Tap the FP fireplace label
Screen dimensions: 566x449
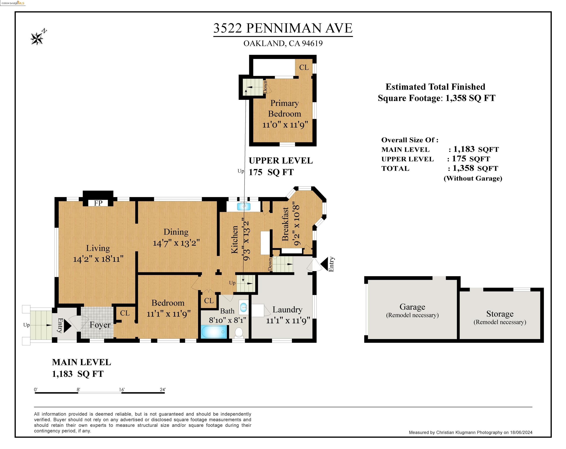[98, 203]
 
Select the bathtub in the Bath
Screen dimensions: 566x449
[214, 332]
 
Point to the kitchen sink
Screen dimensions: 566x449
[244, 206]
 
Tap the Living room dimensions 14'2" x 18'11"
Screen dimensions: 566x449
[98, 259]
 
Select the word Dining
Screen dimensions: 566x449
[176, 232]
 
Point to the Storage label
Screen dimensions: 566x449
[500, 314]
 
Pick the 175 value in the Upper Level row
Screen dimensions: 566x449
[459, 159]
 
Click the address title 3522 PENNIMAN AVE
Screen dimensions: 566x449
[283, 28]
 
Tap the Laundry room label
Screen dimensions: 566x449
[287, 310]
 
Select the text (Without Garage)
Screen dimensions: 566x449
[473, 178]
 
